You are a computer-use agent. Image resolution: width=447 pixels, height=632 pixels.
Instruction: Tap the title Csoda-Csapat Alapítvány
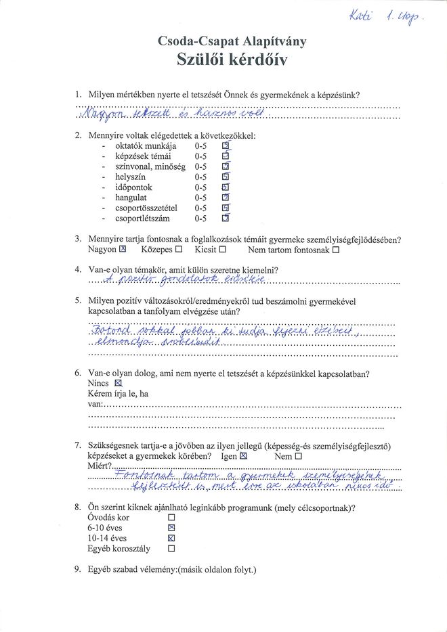(x=232, y=41)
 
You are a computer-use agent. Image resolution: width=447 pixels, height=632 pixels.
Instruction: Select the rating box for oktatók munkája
(x=226, y=145)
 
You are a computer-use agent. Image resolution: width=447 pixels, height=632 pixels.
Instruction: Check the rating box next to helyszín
(x=226, y=177)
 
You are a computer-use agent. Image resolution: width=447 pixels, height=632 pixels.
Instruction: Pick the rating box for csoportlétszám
(x=226, y=219)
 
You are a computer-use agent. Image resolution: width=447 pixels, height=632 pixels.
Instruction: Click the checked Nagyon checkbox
(x=123, y=250)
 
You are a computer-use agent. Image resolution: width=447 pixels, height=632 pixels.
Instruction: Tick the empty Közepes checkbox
(x=179, y=250)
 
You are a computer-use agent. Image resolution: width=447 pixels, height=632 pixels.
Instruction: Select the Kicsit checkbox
(x=222, y=250)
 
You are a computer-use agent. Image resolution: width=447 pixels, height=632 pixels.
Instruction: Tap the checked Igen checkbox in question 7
(x=244, y=456)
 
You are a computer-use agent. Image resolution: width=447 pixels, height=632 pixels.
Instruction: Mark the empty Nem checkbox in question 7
(x=298, y=456)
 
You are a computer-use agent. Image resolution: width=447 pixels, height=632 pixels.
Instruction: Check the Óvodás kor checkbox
(x=171, y=517)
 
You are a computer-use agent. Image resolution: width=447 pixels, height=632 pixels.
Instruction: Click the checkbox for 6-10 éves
(x=171, y=528)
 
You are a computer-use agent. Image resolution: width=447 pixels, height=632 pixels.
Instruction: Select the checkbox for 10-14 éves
(x=171, y=539)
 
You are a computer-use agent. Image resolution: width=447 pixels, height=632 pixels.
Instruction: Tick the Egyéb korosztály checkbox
(x=171, y=549)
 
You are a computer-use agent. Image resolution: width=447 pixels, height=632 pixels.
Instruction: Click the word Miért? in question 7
(x=100, y=466)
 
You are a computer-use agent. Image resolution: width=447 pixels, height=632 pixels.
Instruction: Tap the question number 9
(x=78, y=570)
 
